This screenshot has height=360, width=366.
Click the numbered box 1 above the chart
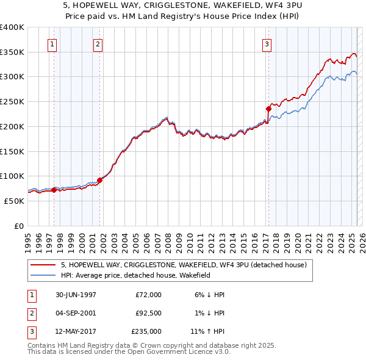[x=52, y=44]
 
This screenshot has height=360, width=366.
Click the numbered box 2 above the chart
[x=98, y=44]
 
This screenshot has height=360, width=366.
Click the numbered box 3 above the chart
[x=267, y=44]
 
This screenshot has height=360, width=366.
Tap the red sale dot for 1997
[x=54, y=190]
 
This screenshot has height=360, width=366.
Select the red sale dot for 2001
[x=99, y=179]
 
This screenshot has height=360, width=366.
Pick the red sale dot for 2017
[x=268, y=109]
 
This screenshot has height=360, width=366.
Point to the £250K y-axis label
[x=12, y=102]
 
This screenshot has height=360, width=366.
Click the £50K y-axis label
[x=15, y=201]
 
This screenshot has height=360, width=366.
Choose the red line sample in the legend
[x=44, y=265]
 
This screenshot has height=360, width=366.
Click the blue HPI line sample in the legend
[x=44, y=275]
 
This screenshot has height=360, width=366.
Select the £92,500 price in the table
[x=147, y=313]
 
